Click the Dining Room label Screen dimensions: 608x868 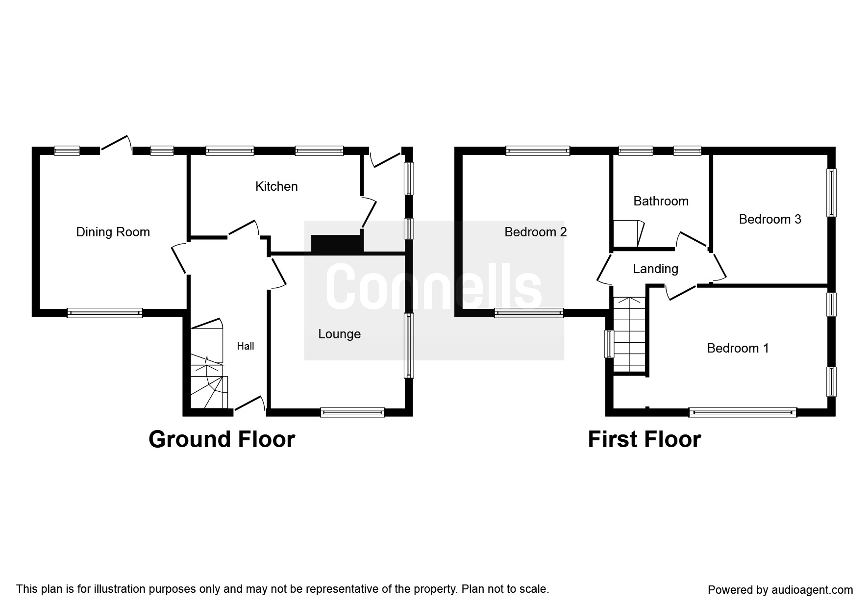113,232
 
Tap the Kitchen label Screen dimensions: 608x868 276,186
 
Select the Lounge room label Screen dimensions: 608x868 339,334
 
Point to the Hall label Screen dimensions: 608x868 246,346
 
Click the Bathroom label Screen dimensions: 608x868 661,201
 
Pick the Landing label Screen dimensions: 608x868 655,269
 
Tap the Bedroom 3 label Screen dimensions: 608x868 769,219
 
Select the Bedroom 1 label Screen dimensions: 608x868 738,348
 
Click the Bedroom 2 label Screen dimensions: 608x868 535,232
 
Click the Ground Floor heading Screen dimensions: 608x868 222,439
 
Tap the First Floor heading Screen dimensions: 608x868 644,439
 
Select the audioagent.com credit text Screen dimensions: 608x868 780,590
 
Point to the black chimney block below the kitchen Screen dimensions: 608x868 336,244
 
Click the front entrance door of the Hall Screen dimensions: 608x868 250,404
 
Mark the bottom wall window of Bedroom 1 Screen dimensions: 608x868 742,412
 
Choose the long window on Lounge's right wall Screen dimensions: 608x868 408,346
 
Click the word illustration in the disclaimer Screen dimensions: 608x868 119,589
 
